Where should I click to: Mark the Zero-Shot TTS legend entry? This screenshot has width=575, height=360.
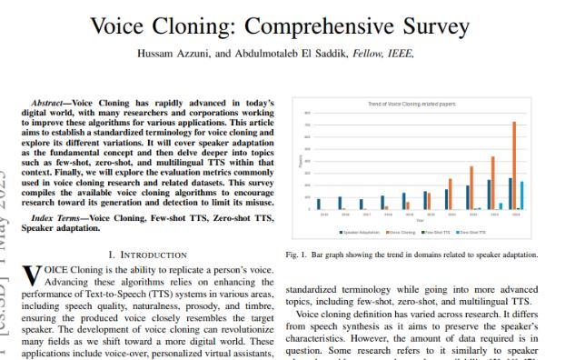point(491,232)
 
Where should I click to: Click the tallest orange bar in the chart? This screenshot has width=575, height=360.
point(515,165)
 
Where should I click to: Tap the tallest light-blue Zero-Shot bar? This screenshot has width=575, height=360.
point(521,195)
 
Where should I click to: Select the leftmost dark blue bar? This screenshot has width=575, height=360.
point(319,204)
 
